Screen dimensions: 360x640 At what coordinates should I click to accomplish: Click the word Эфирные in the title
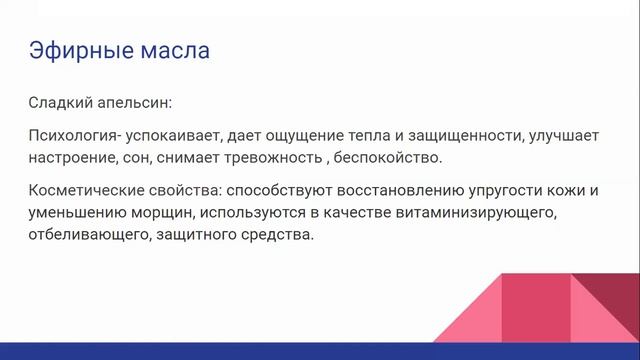click(70, 49)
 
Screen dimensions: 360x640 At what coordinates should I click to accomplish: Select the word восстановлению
click(376, 192)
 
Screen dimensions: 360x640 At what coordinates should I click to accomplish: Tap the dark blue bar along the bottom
click(320, 351)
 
